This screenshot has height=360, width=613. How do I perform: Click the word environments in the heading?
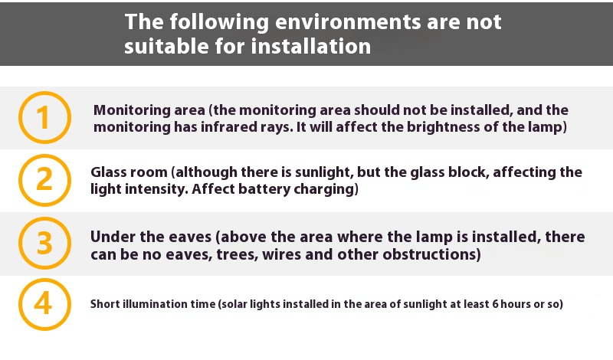point(348,22)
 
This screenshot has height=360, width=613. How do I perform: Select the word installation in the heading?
point(311,46)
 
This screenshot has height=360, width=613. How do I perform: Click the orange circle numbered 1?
point(44,118)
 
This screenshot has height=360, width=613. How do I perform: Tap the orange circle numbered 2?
point(44,180)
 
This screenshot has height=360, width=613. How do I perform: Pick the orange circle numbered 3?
point(44,243)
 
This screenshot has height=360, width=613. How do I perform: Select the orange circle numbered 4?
point(44,304)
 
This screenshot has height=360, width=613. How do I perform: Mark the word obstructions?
point(431,254)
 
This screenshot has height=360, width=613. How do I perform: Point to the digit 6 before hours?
point(495,304)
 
